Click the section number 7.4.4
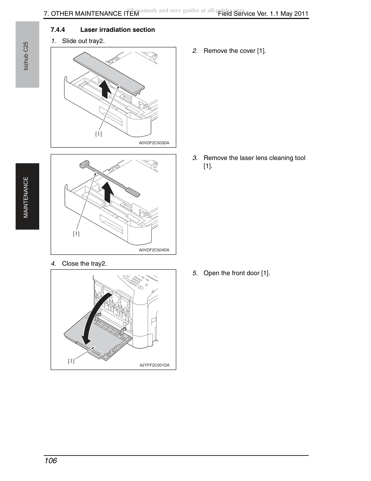tap(57, 30)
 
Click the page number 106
tap(51, 460)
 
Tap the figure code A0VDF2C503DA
tap(154, 143)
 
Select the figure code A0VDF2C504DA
tap(154, 250)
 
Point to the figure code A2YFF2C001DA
tap(154, 365)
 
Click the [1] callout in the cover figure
tap(98, 134)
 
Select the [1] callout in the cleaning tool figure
tap(76, 233)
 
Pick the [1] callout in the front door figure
tap(71, 361)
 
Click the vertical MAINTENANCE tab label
tap(26, 197)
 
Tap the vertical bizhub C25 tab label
tap(26, 56)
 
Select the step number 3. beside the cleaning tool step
tap(195, 158)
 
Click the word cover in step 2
tap(248, 51)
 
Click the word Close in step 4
tap(70, 264)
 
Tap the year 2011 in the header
tap(301, 14)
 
